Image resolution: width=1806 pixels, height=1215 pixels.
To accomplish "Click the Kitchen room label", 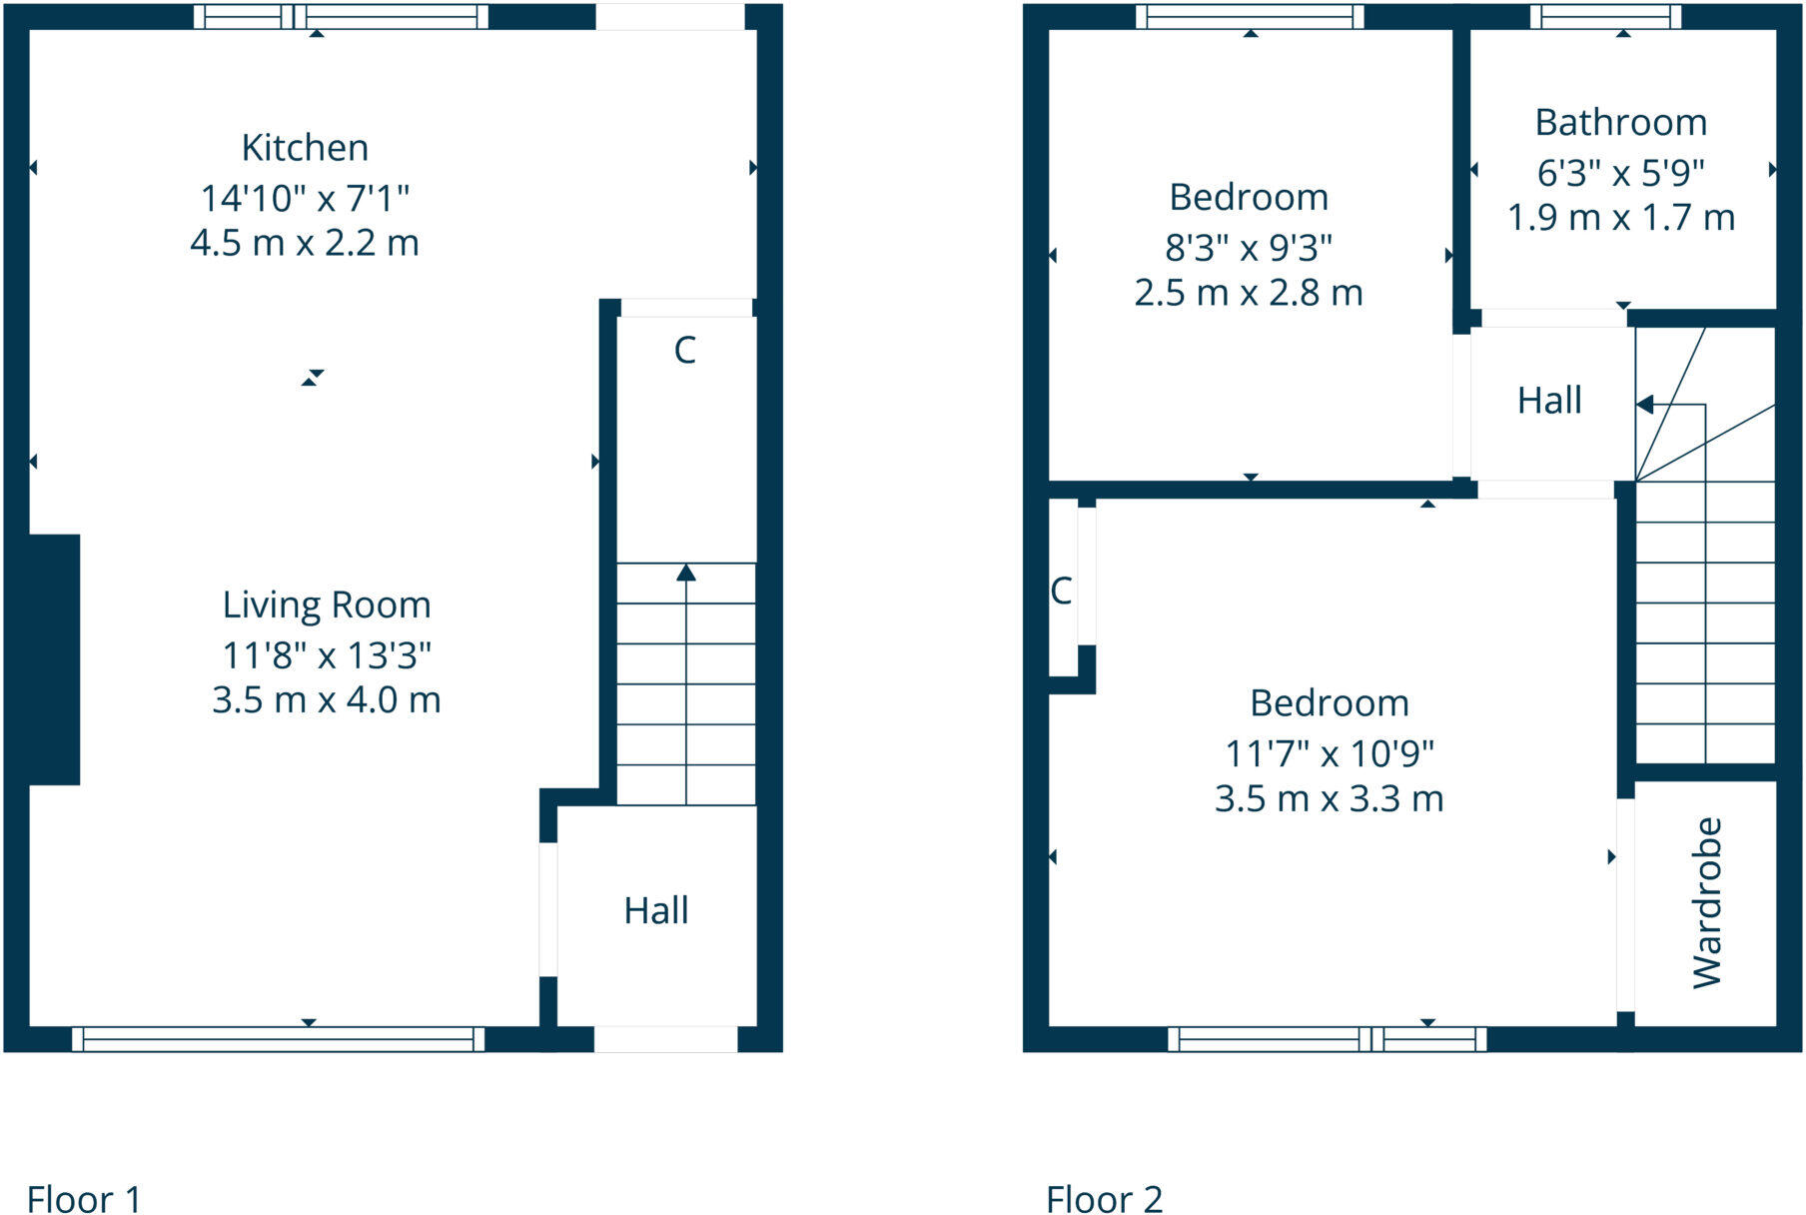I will (x=305, y=148).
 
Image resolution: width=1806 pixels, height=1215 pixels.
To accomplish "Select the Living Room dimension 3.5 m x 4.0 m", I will (x=326, y=699).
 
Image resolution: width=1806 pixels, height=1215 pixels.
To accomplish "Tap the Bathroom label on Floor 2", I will (x=1620, y=123).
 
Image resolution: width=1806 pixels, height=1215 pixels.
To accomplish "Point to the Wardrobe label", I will (x=1707, y=903).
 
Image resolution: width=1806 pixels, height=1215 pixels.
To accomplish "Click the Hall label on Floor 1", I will (x=656, y=910).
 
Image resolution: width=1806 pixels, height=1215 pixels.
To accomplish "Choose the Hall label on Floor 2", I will (x=1549, y=401).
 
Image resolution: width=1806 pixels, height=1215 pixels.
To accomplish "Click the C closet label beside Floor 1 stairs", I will (x=684, y=350).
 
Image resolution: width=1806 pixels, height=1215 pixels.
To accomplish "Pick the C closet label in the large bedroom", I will (x=1061, y=591).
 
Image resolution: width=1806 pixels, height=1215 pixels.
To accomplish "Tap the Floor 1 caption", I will (x=84, y=1198).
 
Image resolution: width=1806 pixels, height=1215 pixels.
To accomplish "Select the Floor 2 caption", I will (x=1104, y=1198).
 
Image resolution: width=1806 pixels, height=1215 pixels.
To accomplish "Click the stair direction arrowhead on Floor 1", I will (x=686, y=573).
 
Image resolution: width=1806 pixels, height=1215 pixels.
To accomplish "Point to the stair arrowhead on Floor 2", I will (x=1644, y=405).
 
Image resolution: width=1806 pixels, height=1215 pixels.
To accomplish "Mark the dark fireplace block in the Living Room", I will (x=54, y=659).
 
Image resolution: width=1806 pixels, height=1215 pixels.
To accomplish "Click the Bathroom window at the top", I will (x=1605, y=17).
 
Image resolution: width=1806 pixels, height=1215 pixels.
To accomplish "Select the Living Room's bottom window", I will (x=278, y=1039).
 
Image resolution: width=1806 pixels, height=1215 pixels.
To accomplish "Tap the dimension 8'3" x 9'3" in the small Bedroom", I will (x=1248, y=247).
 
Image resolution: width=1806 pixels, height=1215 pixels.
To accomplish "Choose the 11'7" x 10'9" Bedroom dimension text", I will (x=1329, y=753).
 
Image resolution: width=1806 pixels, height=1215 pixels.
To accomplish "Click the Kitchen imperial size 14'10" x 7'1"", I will (x=305, y=198).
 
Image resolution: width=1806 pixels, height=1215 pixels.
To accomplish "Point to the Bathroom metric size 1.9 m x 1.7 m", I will (x=1620, y=217).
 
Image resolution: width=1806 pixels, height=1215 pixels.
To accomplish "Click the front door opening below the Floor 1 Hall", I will (x=665, y=1039).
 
